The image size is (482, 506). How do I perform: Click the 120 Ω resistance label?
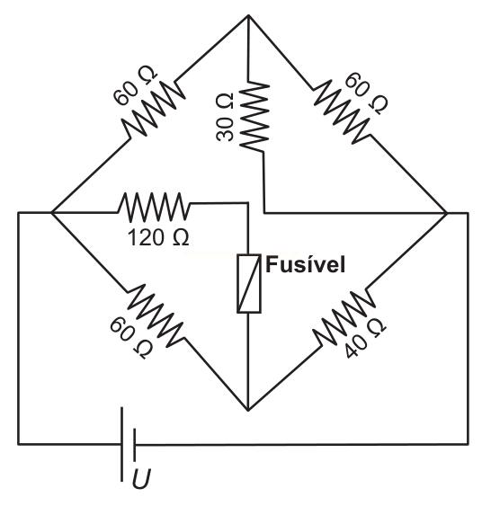[x=158, y=238]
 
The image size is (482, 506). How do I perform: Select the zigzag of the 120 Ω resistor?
[x=154, y=208]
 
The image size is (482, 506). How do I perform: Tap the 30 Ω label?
[x=225, y=117]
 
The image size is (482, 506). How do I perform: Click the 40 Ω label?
[x=364, y=339]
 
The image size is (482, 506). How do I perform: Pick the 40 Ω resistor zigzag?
[x=344, y=317]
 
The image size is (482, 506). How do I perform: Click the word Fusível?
[x=305, y=265]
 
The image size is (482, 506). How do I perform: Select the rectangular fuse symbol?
[x=249, y=284]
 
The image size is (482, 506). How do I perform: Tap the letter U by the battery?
[x=141, y=479]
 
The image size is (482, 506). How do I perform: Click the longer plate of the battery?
[x=122, y=444]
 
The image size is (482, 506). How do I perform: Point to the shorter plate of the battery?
[x=134, y=444]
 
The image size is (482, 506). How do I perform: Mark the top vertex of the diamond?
[x=248, y=15]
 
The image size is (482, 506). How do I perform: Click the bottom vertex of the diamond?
[x=248, y=411]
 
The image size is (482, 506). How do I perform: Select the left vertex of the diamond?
[x=51, y=212]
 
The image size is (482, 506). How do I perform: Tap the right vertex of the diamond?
[x=447, y=213]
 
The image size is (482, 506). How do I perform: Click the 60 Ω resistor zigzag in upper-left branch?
[x=154, y=109]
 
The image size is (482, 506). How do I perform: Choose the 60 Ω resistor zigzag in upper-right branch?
[x=343, y=111]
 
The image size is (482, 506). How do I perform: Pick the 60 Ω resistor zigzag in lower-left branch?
[x=156, y=315]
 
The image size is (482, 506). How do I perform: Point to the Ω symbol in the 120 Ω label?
[x=181, y=238]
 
